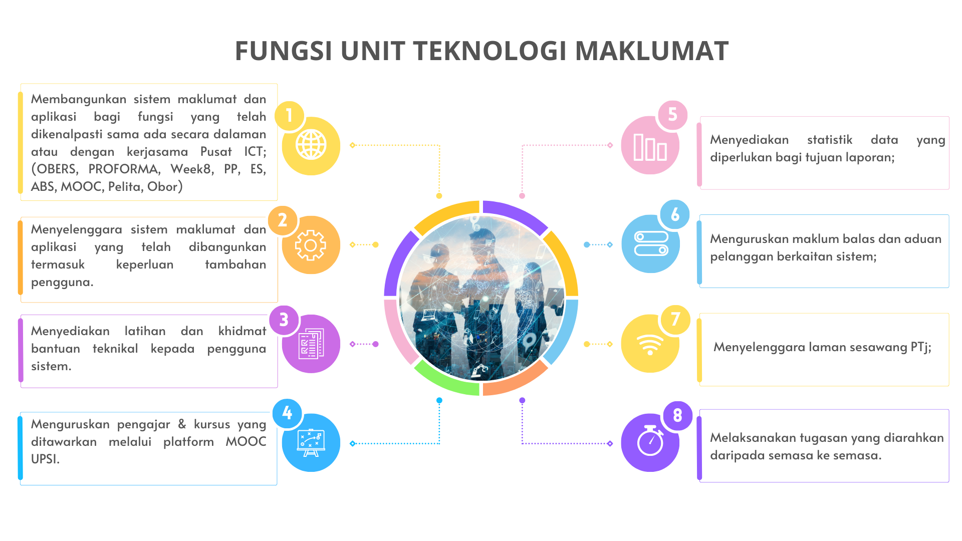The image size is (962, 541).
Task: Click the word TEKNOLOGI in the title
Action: pos(493,51)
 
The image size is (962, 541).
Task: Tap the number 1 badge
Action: pos(289,116)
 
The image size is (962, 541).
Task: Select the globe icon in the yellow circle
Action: pos(311,145)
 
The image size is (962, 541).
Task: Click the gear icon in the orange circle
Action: pos(311,245)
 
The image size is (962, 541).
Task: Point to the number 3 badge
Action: pos(284,320)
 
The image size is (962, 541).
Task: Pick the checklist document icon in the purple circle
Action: pos(311,344)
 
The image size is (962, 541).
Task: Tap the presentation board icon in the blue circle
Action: pos(311,443)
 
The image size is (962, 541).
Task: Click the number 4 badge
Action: pos(287,413)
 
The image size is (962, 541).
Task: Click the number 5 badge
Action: pos(672,115)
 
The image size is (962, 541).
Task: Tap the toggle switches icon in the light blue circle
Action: pos(651,244)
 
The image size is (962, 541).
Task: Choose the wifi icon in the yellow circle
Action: pos(650,344)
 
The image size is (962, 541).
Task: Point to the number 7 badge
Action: pos(675,319)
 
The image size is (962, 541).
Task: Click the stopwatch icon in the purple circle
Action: pos(650,442)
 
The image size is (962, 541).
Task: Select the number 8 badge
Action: pos(677,415)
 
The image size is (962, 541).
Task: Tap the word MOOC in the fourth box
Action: pos(246,441)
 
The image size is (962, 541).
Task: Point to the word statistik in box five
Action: pos(829,140)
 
